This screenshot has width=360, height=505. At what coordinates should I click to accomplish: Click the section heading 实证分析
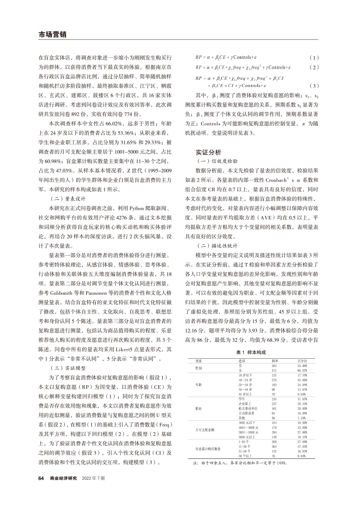coord(209,152)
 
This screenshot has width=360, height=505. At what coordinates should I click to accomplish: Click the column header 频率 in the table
coord(275,361)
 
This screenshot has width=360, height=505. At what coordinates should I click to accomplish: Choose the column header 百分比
coord(302,361)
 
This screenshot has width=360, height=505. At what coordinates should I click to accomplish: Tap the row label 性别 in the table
coord(199,368)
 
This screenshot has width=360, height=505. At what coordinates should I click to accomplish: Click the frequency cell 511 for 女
coord(274,370)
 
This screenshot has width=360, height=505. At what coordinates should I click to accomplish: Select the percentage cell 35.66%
coord(303,380)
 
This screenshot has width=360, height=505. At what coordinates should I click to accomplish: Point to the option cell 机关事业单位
coord(248,409)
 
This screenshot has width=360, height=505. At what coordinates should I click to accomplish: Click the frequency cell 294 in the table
coord(274,432)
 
